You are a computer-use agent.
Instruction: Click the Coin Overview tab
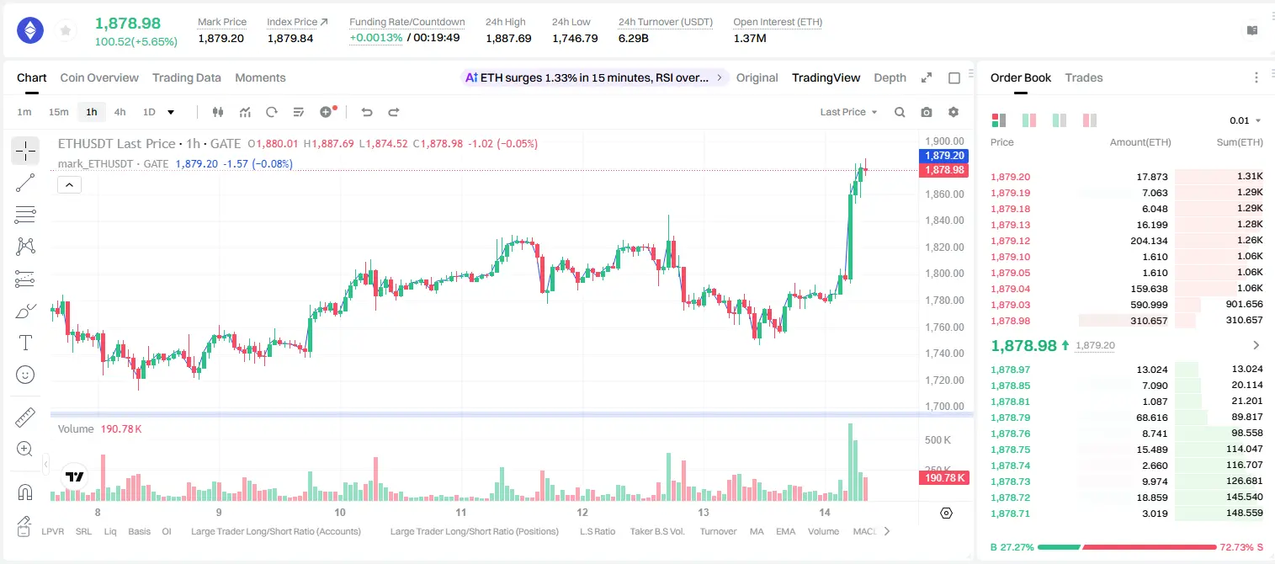coord(99,77)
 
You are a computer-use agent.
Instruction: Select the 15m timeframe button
coord(58,112)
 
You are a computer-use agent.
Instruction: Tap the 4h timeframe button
coord(120,112)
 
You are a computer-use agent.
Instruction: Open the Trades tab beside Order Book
coord(1084,77)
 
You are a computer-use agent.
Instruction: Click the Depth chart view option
coord(890,77)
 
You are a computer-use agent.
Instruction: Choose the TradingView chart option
coord(826,77)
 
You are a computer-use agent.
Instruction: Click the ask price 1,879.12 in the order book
coord(1011,241)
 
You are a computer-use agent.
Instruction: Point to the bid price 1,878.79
coord(1011,418)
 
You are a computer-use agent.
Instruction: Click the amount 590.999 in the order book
coord(1149,305)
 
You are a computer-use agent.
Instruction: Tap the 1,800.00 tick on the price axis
coord(944,274)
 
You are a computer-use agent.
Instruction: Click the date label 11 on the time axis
coord(461,512)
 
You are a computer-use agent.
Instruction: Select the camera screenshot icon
coord(927,112)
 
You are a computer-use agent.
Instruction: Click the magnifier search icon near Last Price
coord(900,112)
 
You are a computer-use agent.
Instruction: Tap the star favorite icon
coord(66,31)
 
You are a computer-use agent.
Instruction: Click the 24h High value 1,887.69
coord(508,38)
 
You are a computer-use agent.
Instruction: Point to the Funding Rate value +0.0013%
coord(375,38)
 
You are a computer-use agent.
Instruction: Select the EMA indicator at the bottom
coord(785,531)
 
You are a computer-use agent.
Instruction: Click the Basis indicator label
coord(139,531)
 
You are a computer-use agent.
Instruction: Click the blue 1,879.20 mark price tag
coord(944,156)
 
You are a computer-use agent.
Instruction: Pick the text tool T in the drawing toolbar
coord(25,343)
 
